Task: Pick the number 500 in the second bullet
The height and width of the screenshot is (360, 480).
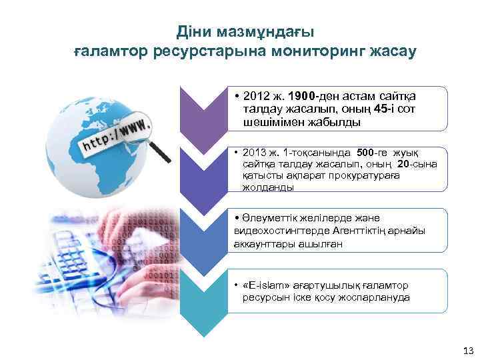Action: (371, 151)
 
